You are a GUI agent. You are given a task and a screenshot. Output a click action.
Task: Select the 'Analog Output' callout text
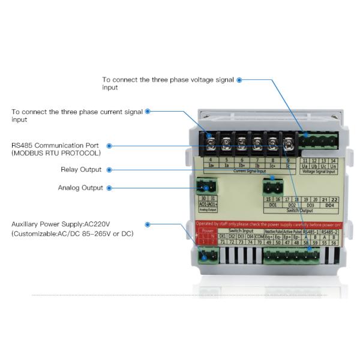coord(80,188)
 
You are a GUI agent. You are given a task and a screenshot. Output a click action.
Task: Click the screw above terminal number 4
coord(212,144)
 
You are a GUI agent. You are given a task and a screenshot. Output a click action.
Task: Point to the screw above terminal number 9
coord(288,144)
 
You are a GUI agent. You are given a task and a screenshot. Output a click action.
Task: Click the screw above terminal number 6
coord(242,144)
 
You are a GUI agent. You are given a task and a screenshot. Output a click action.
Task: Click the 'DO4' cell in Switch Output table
coord(329,205)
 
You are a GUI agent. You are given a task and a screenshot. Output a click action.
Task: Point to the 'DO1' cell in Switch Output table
coord(272,205)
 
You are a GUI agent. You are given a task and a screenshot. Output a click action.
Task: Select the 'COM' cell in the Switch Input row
coord(259,236)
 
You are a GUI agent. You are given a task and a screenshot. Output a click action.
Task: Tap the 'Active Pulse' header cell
coord(291,230)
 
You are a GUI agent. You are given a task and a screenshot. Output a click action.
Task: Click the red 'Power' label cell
coord(208,230)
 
